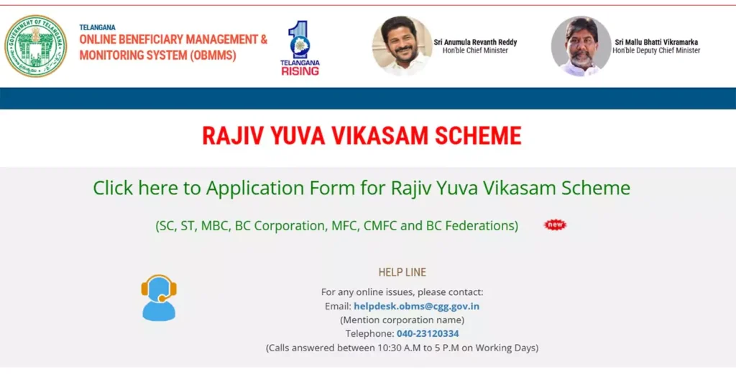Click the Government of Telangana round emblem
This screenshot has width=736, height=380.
click(35, 45)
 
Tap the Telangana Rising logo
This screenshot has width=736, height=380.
click(300, 48)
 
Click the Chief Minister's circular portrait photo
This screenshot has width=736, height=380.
click(402, 46)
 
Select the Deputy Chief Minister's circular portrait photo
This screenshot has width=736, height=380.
click(581, 46)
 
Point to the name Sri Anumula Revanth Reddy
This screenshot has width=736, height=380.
click(475, 42)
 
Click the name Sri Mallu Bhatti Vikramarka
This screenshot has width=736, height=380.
click(656, 42)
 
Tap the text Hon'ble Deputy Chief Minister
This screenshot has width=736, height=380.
click(656, 51)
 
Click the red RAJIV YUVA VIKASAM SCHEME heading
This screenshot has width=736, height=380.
click(362, 135)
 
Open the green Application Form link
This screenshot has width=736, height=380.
click(362, 188)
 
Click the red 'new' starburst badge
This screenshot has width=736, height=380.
click(555, 225)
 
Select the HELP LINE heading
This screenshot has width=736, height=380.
click(402, 272)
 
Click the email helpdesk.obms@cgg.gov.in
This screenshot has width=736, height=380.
click(416, 306)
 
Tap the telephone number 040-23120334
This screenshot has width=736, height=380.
click(428, 333)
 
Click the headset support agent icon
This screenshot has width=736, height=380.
click(159, 297)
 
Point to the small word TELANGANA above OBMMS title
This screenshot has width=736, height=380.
click(97, 27)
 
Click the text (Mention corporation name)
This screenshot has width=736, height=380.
click(402, 320)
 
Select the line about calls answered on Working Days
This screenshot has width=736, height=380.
click(402, 348)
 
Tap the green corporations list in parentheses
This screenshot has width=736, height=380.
click(336, 225)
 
